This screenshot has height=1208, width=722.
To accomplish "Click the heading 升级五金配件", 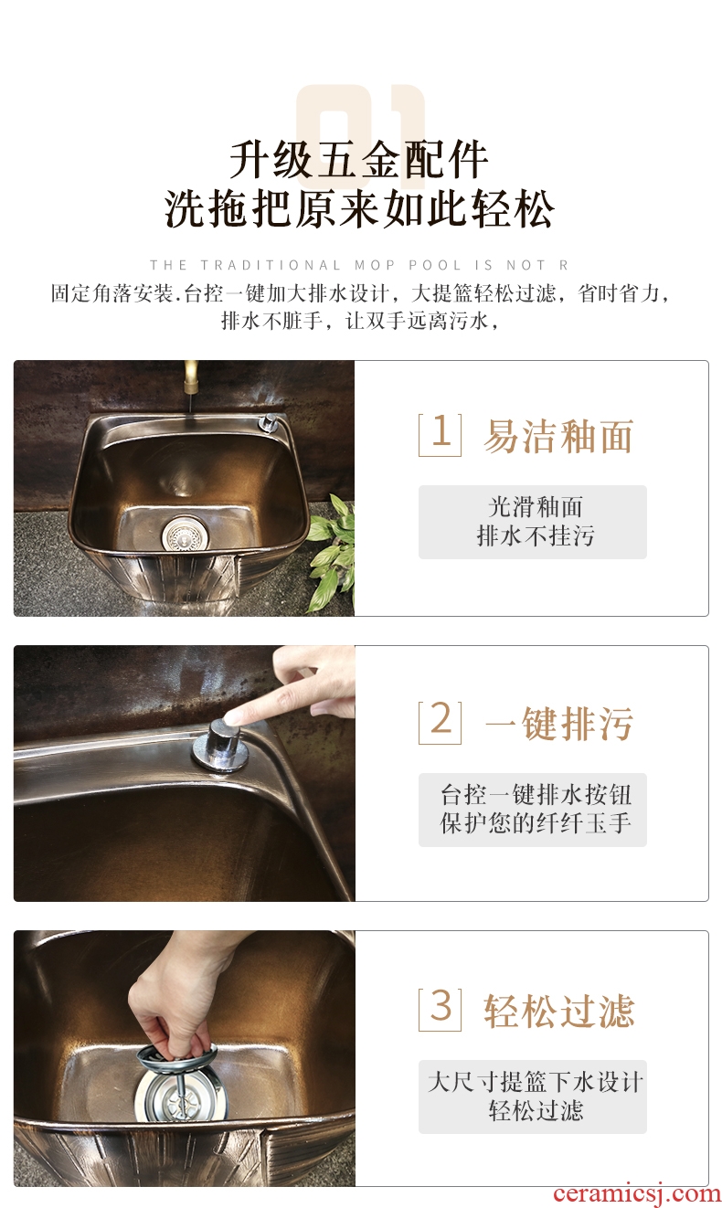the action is [x=359, y=160].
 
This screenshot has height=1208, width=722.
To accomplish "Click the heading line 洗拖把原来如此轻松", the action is [x=359, y=209].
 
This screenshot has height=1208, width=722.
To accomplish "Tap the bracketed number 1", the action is [x=441, y=435].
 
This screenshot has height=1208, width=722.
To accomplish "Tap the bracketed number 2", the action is [x=441, y=723].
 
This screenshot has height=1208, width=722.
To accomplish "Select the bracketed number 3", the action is [x=441, y=1010].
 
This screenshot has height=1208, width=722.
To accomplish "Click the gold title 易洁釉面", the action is [x=558, y=436].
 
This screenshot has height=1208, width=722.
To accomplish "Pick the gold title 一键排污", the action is [x=559, y=724].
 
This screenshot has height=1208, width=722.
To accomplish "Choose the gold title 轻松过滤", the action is [x=559, y=1011].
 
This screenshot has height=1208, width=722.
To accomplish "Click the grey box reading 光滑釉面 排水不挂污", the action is [x=533, y=522].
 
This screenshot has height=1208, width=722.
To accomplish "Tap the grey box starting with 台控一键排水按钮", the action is [x=533, y=810].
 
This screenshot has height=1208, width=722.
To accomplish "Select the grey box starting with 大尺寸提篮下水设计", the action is [x=533, y=1097].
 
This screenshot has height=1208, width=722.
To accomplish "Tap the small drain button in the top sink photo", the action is [x=265, y=422].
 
